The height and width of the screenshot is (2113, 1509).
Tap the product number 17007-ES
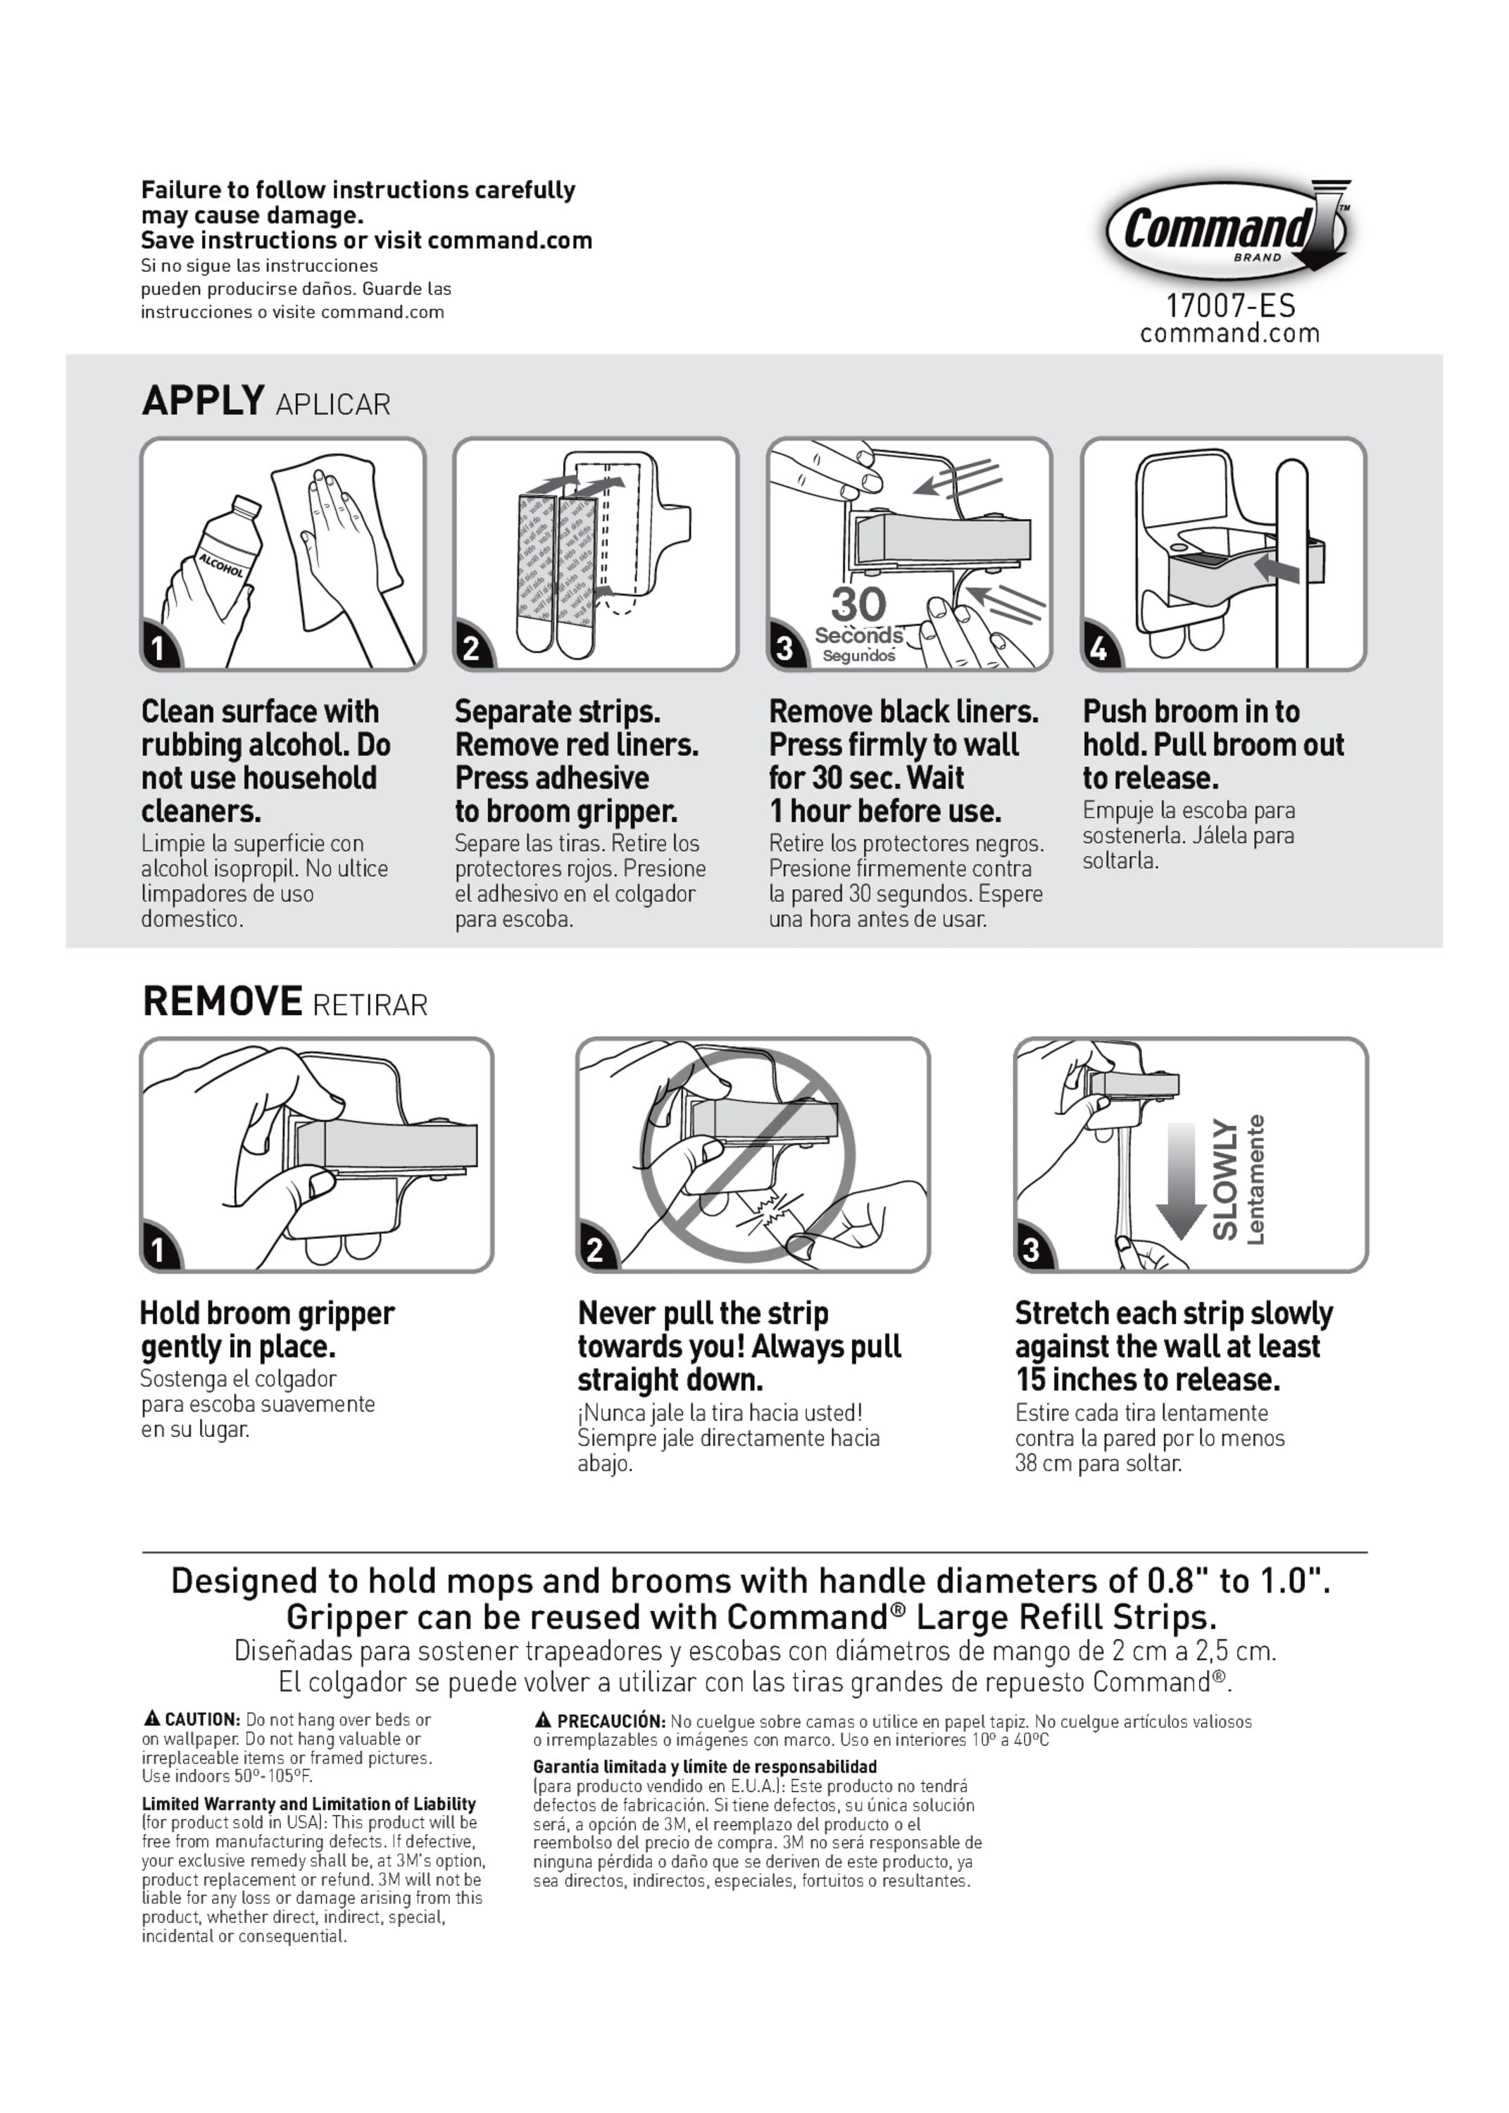coord(1230,306)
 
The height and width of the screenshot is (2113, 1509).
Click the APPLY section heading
coord(203,401)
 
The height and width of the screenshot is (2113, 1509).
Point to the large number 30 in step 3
coord(858,604)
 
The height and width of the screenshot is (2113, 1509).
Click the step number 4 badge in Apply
coord(1098,648)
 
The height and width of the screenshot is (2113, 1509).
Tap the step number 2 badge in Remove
coord(595,1249)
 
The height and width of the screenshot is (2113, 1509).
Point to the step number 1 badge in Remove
coord(158,1249)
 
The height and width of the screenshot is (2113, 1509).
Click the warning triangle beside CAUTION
coord(151,1719)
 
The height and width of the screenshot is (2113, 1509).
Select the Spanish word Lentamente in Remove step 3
coord(1256,1180)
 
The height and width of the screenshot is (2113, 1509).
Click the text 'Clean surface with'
coord(260,712)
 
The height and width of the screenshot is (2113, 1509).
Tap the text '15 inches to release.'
coord(1148,1380)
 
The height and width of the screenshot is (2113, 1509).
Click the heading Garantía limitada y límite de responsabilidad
coord(704,1766)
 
